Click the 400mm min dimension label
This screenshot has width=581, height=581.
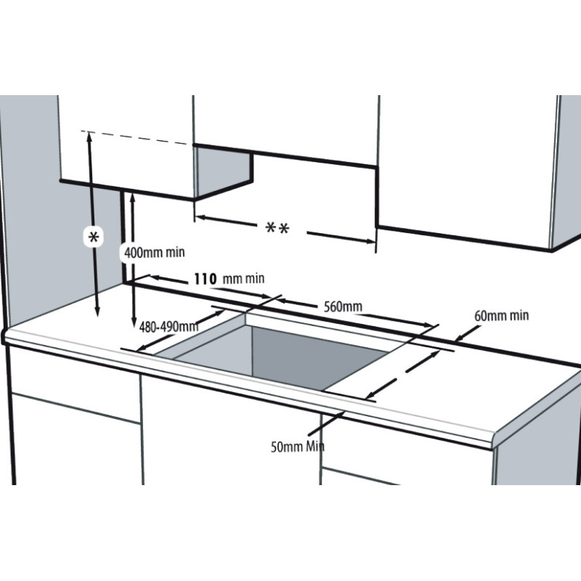tap(154, 253)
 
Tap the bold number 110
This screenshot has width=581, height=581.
tap(205, 279)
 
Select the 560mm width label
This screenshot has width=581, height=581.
tap(343, 306)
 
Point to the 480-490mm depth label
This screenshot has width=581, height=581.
tap(168, 327)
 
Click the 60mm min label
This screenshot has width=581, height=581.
tap(501, 316)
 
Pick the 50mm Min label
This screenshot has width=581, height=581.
tap(298, 447)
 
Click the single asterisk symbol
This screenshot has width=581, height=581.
tap(94, 237)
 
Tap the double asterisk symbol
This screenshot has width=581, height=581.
tap(277, 228)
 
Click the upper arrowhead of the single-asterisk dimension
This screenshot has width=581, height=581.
tap(89, 136)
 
